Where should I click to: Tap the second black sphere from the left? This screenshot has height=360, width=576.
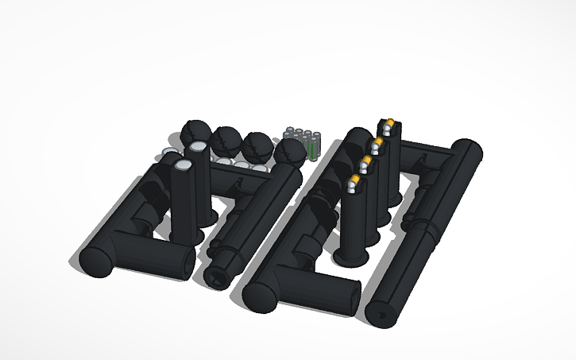click(x=226, y=139)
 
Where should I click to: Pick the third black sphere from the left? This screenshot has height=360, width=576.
click(x=256, y=145)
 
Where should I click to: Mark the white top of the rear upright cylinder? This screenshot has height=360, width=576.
click(x=196, y=148)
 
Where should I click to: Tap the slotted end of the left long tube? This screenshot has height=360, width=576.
click(x=217, y=275)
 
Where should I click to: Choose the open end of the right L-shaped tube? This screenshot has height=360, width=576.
click(x=354, y=299)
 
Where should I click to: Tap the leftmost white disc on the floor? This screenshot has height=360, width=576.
click(x=169, y=152)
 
